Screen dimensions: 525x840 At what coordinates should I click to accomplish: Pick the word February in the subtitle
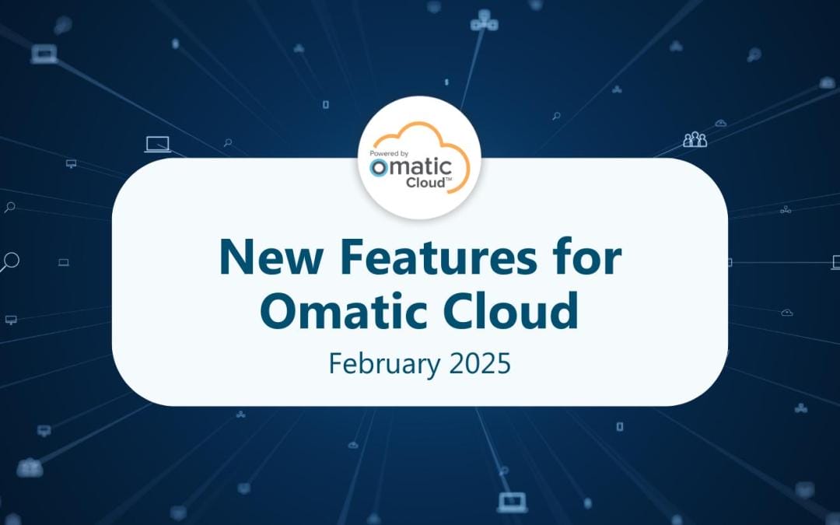tap(378, 363)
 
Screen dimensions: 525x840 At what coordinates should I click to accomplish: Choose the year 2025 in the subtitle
tap(477, 363)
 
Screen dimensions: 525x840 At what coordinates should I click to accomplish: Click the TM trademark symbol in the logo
tap(447, 180)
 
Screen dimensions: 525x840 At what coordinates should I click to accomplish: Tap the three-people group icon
tap(695, 139)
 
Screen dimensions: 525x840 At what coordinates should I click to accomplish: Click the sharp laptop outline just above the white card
tap(157, 144)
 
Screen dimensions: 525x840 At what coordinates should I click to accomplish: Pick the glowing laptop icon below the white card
tap(512, 502)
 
